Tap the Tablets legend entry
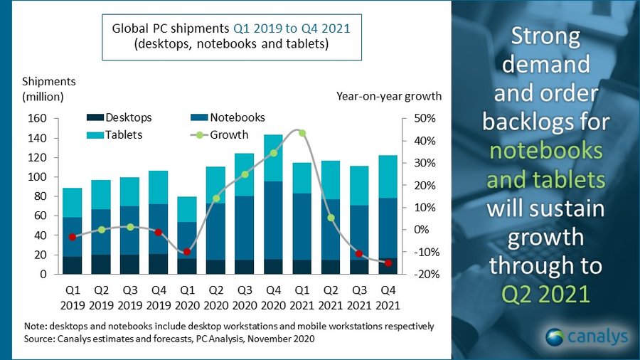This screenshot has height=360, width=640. point(117,134)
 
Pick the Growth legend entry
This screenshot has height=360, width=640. point(221,134)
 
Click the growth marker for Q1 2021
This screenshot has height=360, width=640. point(302,133)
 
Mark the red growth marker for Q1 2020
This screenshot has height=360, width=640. point(187,252)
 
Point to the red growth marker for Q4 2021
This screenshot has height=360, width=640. point(389,263)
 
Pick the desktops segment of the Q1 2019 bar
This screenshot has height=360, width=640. point(72,265)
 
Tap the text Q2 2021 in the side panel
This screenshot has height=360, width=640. point(545,292)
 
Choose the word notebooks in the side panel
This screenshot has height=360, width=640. point(545,151)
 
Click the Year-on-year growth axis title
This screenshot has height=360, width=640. point(388,96)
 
